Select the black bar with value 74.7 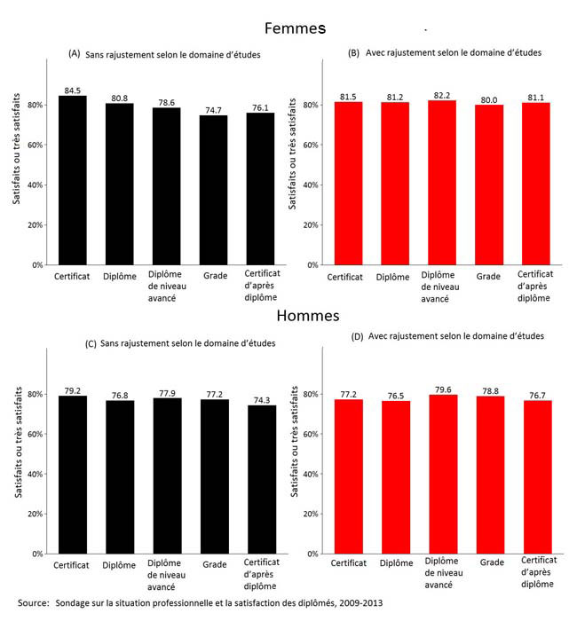point(213,190)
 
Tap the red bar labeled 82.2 point(441,182)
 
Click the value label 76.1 point(259,107)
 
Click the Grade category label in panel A point(213,276)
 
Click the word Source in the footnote point(33,603)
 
